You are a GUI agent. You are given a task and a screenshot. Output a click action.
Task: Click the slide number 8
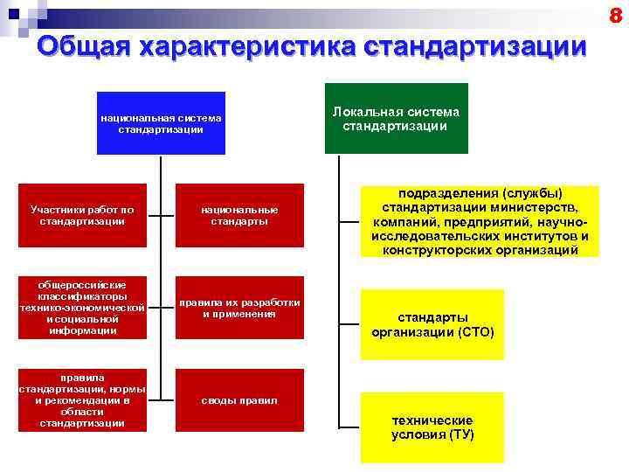615,15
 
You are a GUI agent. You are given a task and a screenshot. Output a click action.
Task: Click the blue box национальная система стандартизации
161,123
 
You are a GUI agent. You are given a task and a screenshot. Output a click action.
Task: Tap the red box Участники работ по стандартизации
82,215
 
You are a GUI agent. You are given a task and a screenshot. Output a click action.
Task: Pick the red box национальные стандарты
239,215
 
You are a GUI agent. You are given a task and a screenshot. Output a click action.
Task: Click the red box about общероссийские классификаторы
82,308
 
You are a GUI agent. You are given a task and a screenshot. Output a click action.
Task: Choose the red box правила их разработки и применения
239,308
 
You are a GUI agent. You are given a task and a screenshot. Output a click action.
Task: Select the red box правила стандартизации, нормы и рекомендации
82,400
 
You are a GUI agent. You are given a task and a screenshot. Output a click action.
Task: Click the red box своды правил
239,400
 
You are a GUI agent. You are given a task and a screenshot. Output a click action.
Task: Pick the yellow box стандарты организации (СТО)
432,324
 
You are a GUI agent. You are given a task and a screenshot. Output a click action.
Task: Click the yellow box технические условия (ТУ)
432,427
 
